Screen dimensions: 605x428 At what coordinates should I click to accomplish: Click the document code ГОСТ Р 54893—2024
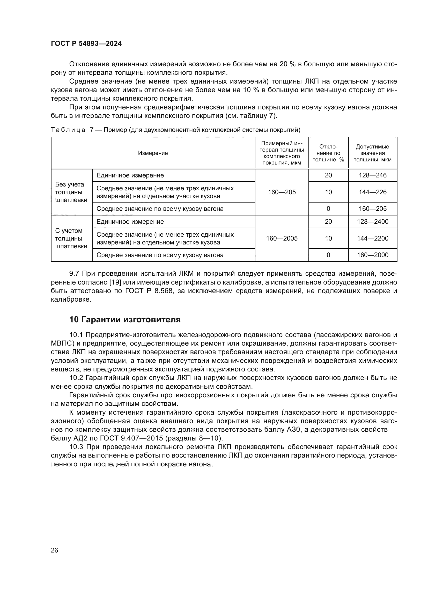86,44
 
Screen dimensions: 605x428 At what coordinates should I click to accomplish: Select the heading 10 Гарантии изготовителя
125,320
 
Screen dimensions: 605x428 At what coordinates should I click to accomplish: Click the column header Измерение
153,153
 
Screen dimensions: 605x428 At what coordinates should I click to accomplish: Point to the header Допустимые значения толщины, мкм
372,153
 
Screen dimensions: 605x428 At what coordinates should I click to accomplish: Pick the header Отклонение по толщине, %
328,153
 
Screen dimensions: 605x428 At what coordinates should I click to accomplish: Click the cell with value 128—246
372,175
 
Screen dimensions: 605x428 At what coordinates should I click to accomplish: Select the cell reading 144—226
372,192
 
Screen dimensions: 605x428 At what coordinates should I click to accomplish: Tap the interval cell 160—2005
282,238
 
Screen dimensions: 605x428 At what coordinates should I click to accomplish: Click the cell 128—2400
372,222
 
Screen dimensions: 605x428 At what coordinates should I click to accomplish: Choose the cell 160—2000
372,255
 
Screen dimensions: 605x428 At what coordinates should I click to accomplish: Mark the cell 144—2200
372,238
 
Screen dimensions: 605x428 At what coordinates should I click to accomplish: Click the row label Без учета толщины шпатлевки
71,192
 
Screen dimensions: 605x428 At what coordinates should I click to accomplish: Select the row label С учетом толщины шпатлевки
71,238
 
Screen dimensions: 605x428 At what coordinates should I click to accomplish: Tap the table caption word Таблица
68,130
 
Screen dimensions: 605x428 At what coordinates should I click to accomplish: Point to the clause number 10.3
76,447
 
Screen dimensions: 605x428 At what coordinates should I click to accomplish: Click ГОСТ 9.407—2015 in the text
130,438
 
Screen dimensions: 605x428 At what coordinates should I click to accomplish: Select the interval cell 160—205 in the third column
282,192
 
